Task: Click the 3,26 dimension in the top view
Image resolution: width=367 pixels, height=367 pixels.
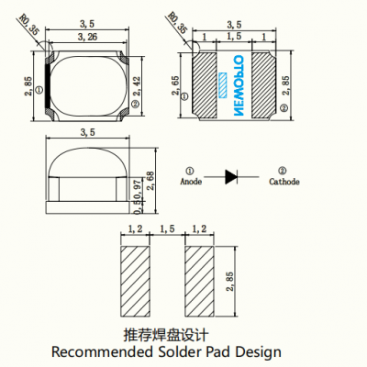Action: tap(89, 37)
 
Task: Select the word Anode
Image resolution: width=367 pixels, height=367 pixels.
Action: tap(190, 182)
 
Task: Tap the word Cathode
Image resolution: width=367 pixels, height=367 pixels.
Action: tap(284, 182)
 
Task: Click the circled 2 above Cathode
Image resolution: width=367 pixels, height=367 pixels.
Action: tap(283, 170)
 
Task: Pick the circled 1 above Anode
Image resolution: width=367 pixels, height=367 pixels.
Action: tap(189, 170)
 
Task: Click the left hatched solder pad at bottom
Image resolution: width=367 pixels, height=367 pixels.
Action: tap(136, 278)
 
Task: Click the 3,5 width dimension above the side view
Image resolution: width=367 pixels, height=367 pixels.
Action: tap(89, 133)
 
